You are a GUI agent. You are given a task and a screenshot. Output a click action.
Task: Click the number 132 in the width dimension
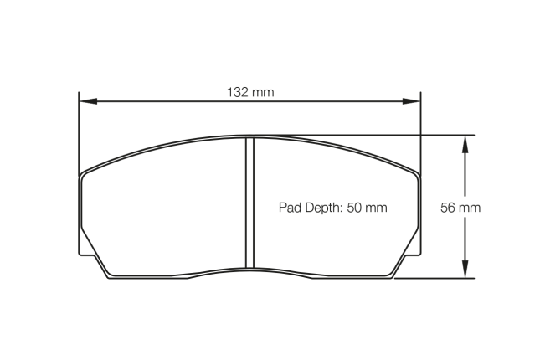pyautogui.click(x=237, y=91)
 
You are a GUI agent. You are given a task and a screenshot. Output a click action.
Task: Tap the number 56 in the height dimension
pyautogui.click(x=450, y=207)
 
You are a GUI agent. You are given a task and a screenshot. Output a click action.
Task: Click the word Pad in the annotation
pyautogui.click(x=288, y=207)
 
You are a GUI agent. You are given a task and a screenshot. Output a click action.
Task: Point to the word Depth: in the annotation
pyautogui.click(x=323, y=207)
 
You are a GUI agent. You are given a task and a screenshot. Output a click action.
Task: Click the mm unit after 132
pyautogui.click(x=262, y=91)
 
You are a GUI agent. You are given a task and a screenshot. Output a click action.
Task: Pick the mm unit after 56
pyautogui.click(x=471, y=207)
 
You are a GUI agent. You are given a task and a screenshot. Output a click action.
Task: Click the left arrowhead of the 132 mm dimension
pyautogui.click(x=85, y=102)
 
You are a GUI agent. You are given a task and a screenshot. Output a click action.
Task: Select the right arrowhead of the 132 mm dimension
pyautogui.click(x=414, y=102)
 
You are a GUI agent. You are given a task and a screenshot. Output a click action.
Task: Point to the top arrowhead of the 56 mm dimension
pyautogui.click(x=461, y=141)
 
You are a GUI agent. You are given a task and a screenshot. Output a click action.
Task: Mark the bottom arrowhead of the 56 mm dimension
pyautogui.click(x=461, y=272)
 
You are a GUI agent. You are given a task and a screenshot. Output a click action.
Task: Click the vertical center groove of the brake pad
pyautogui.click(x=249, y=205)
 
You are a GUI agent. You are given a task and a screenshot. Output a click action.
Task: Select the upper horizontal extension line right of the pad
pyautogui.click(x=444, y=135)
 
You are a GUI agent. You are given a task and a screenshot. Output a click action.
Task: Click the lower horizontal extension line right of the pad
pyautogui.click(x=435, y=278)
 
